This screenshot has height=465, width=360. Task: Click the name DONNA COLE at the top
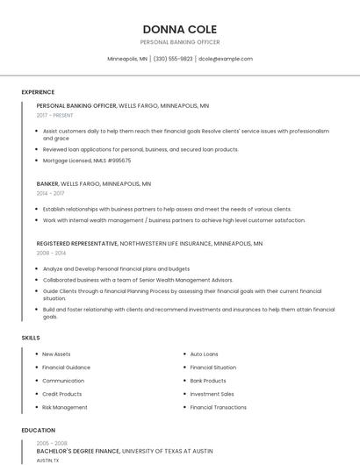[179, 29]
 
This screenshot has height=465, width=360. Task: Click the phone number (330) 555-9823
[173, 59]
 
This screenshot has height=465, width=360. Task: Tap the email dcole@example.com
[225, 59]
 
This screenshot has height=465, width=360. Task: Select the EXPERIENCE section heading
[38, 92]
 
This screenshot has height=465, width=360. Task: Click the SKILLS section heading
[31, 337]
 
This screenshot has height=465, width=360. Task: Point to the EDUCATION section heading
[38, 431]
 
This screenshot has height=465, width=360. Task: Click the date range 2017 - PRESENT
[54, 115]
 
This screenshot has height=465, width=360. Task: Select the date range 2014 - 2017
[50, 193]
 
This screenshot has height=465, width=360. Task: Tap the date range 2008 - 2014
[51, 253]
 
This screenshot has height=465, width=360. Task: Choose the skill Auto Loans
[204, 354]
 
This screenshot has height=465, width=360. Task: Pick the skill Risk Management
[65, 407]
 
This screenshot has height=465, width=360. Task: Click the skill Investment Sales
[212, 394]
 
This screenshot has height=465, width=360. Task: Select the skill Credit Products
[61, 394]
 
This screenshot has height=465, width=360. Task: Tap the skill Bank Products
[208, 381]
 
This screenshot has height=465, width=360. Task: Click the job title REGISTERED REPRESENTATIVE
[76, 243]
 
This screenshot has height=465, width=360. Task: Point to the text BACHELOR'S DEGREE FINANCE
[77, 451]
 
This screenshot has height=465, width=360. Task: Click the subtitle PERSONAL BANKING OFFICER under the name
[179, 42]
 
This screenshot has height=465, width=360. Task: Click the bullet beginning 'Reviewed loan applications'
[140, 149]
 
